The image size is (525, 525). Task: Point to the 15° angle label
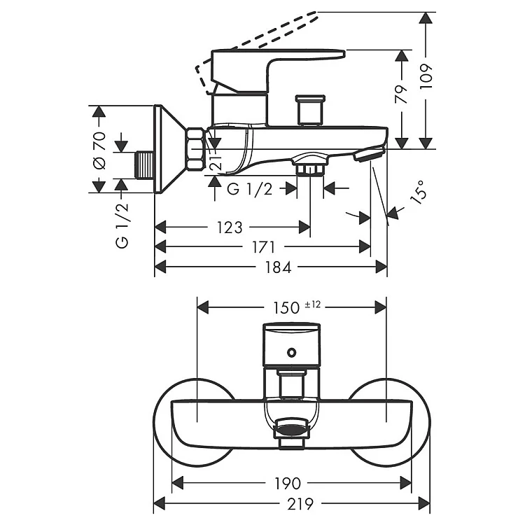(x=418, y=192)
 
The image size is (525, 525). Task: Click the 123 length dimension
(x=230, y=227)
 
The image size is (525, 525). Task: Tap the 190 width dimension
(x=288, y=483)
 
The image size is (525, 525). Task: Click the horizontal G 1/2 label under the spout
(x=250, y=188)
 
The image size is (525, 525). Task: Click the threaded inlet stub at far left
(x=144, y=165)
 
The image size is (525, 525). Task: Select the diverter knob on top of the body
(x=308, y=108)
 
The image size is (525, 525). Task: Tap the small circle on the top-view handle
(x=292, y=352)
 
